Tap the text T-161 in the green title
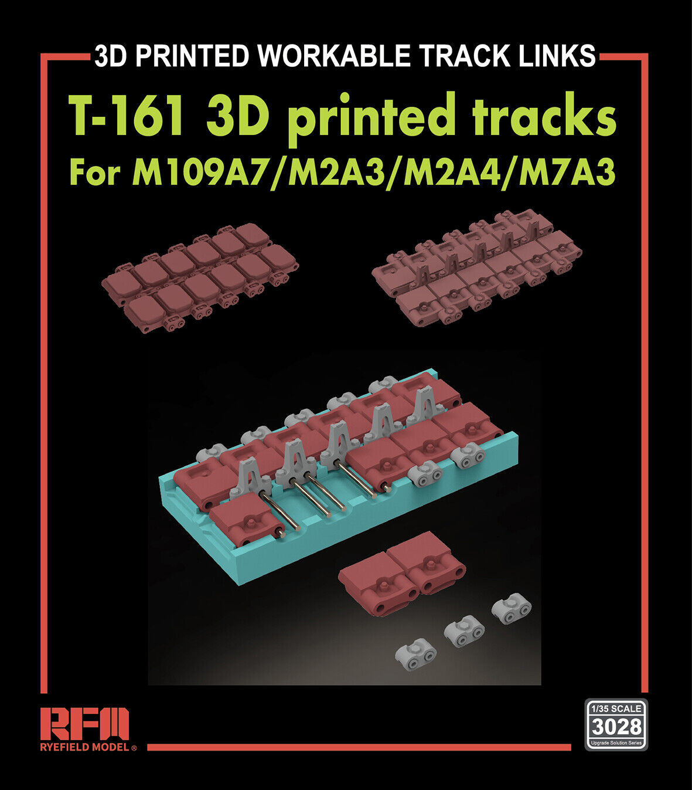tap(127, 116)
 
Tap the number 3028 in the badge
tap(616, 727)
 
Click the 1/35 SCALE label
tap(616, 708)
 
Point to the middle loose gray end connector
tap(464, 630)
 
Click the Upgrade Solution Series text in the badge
tap(616, 743)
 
